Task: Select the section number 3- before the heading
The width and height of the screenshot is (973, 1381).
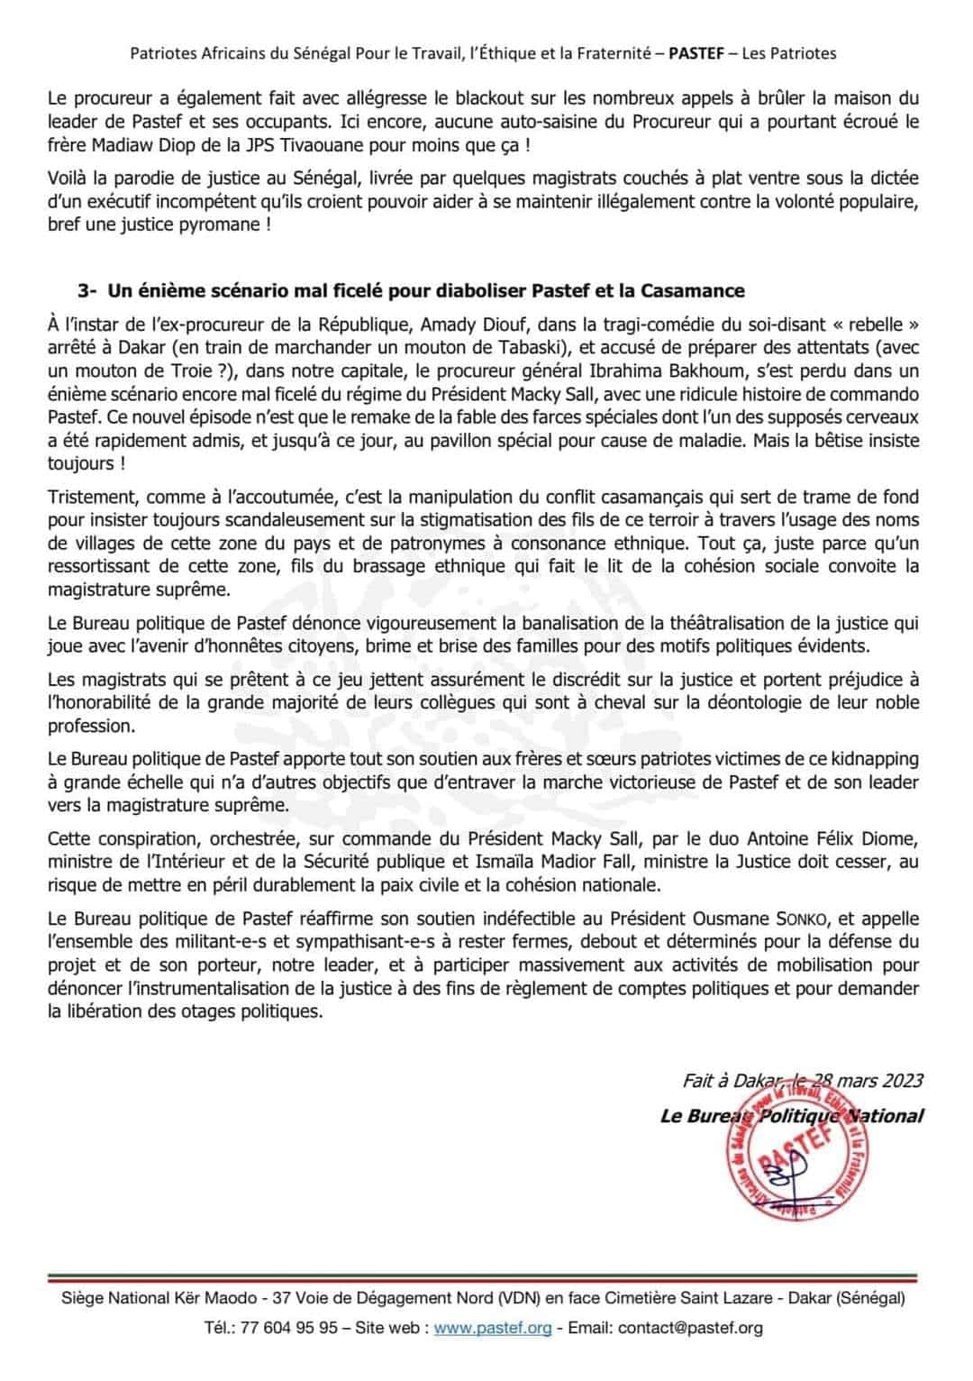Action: pos(87,290)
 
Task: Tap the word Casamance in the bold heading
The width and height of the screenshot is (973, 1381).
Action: pos(693,290)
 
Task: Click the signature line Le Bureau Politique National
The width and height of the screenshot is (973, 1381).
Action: pos(791,1116)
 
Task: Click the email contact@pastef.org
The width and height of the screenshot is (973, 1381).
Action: pos(690,1328)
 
